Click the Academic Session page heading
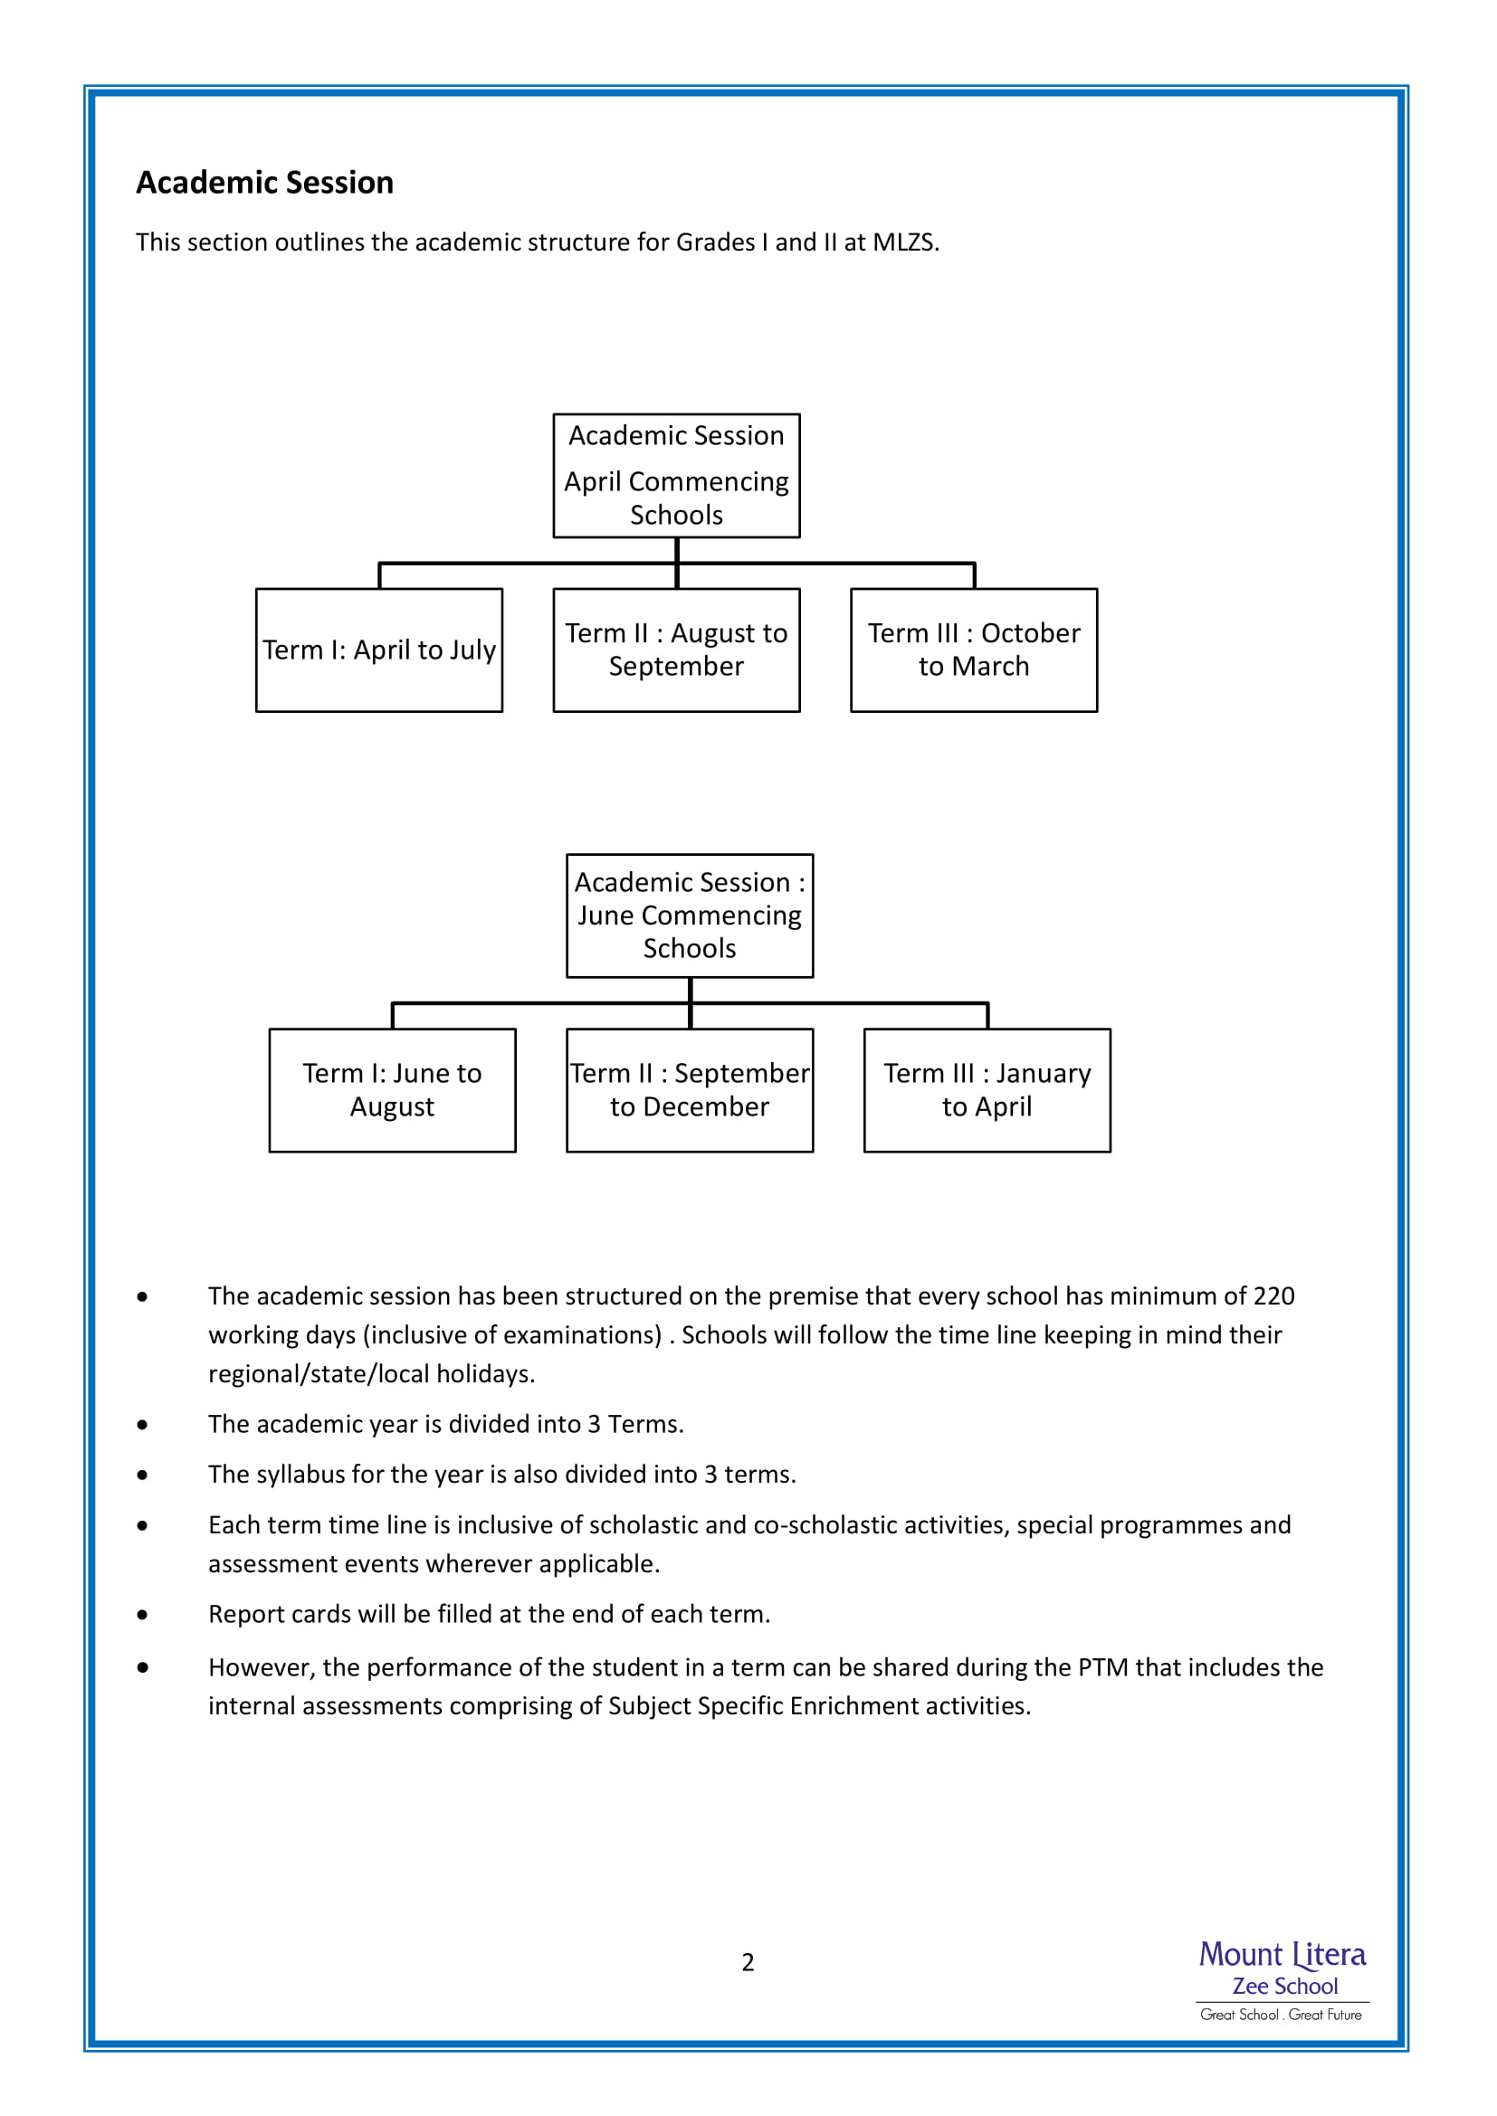click(x=264, y=183)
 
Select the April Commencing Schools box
click(x=677, y=476)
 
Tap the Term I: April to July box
click(x=379, y=650)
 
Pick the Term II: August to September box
click(x=677, y=650)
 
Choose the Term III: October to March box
click(x=974, y=650)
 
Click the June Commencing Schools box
click(x=690, y=916)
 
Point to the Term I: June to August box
click(x=392, y=1090)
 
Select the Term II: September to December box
click(x=690, y=1090)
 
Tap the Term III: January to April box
click(x=987, y=1090)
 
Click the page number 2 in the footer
click(x=748, y=1962)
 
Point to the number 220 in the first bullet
click(x=1274, y=1295)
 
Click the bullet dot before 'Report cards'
click(x=142, y=1615)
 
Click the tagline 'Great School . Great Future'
click(x=1282, y=2015)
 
